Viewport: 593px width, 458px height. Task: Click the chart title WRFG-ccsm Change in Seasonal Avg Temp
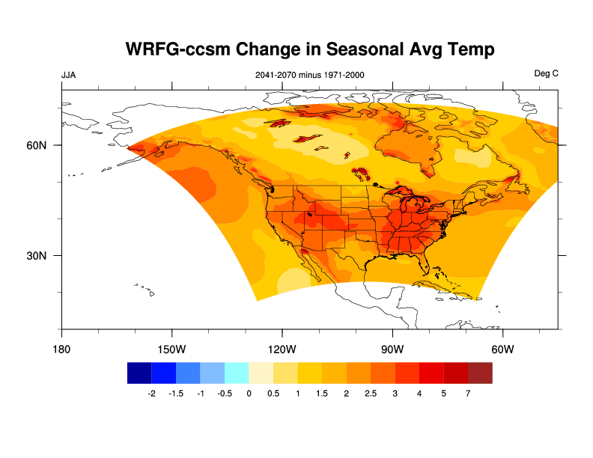click(311, 50)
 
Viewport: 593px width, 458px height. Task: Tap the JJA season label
click(68, 75)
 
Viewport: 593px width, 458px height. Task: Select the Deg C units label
click(546, 74)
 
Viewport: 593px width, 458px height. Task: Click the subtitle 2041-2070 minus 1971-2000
click(310, 75)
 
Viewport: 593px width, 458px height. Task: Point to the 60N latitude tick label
click(37, 145)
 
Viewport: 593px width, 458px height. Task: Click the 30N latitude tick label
click(37, 255)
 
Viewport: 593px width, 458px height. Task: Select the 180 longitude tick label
click(61, 350)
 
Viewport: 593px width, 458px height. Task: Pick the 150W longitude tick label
click(171, 350)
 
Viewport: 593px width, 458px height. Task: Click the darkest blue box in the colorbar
click(139, 373)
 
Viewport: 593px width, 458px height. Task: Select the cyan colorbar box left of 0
click(237, 373)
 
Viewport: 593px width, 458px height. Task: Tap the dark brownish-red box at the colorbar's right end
click(480, 373)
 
